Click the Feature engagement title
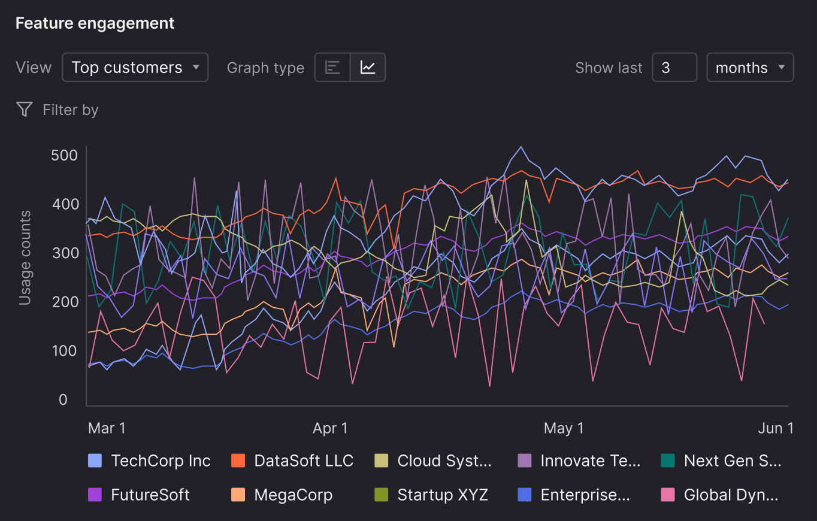coord(95,23)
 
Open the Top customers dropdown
coord(135,67)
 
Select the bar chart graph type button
coord(332,67)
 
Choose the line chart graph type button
coord(368,67)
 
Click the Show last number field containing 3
coord(674,67)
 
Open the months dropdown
coord(750,67)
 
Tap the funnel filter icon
coord(24,109)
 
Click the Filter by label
coord(70,110)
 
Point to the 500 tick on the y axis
coord(64,155)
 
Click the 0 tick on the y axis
coord(63,399)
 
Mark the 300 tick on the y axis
coord(64,253)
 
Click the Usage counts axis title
coord(25,258)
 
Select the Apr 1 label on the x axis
coord(330,428)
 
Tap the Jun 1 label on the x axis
coord(775,428)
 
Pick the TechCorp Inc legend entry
coord(150,461)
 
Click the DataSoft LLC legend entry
coord(292,461)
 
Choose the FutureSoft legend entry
coord(139,495)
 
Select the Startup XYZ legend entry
coord(431,495)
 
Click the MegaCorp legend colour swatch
coord(238,495)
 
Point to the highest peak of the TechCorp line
coord(521,147)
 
